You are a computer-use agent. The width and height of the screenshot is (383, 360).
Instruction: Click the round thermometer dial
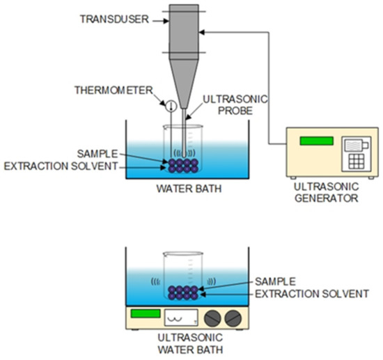coord(169,105)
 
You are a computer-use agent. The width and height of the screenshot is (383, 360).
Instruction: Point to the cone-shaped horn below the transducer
coord(184,80)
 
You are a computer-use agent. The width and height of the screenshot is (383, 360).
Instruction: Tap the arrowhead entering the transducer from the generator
coord(203,31)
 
